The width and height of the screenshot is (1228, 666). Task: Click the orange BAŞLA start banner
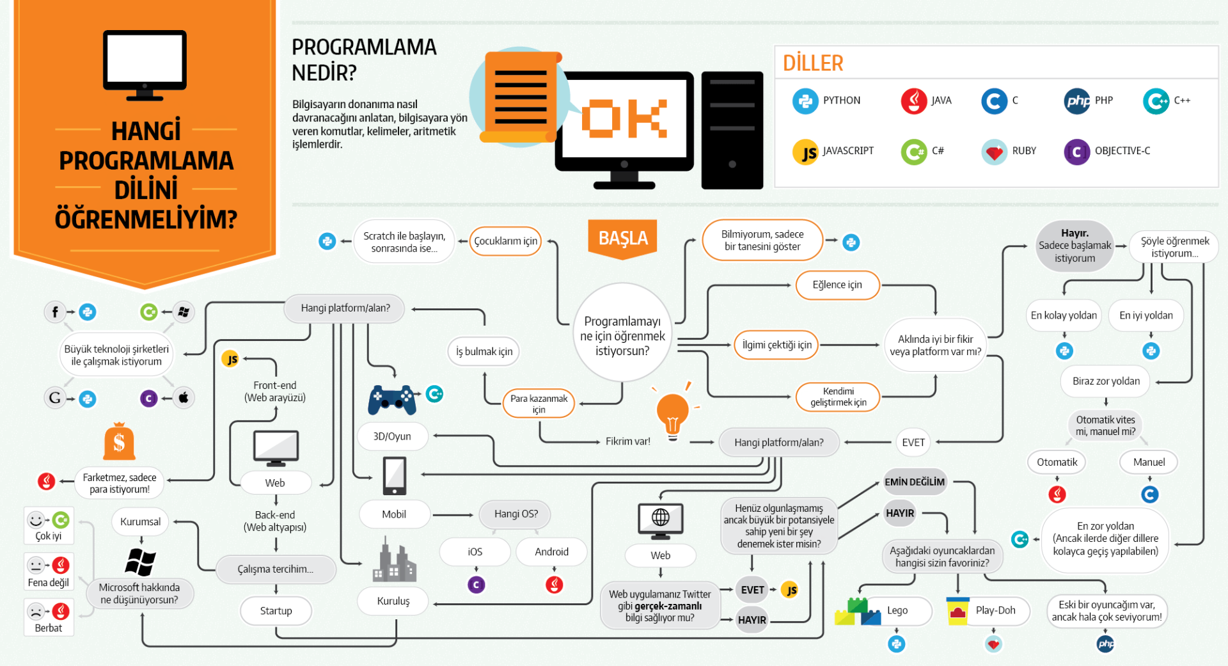(x=622, y=238)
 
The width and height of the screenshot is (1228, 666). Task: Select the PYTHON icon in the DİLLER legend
(x=805, y=101)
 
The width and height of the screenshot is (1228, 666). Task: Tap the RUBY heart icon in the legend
(x=993, y=152)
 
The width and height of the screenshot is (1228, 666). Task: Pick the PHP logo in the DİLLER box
(x=1077, y=101)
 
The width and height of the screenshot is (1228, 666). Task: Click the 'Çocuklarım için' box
(x=505, y=241)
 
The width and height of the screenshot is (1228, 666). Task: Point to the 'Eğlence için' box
(x=837, y=285)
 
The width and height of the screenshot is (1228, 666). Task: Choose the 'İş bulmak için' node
(x=484, y=351)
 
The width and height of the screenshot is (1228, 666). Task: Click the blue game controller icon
(x=391, y=399)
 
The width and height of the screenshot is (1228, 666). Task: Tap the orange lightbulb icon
(x=672, y=413)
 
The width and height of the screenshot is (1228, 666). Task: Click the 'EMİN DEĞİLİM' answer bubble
(x=914, y=482)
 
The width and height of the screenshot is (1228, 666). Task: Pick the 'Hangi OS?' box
(x=516, y=514)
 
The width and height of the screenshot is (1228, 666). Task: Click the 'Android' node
(x=551, y=551)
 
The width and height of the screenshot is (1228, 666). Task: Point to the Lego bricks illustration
(x=857, y=612)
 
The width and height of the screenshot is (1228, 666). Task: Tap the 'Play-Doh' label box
(x=995, y=610)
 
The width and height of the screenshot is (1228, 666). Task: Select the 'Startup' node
(x=276, y=611)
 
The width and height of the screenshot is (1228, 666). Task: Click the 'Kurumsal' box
(x=140, y=521)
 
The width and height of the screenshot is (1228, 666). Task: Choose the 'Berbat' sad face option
(x=49, y=617)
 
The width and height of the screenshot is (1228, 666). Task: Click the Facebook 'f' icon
(x=55, y=312)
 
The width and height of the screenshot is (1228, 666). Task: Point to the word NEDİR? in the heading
(x=324, y=73)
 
